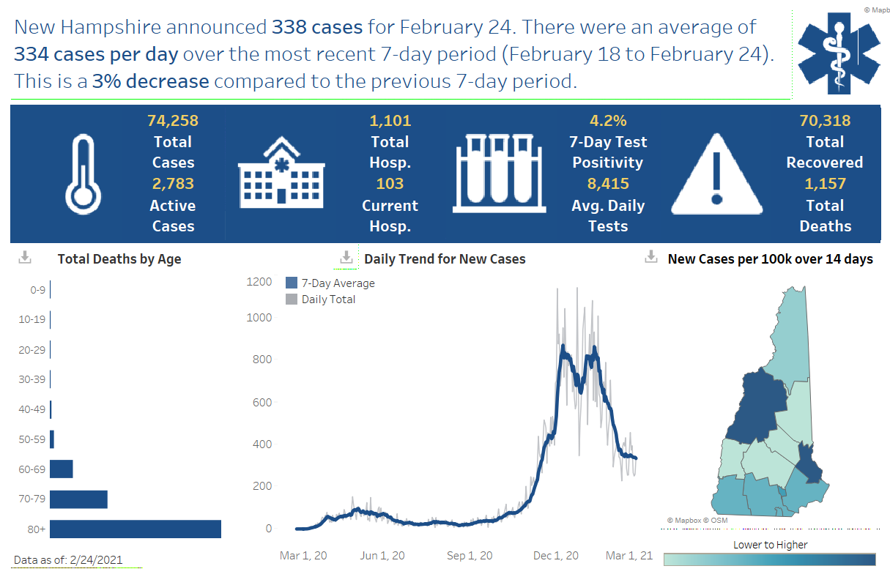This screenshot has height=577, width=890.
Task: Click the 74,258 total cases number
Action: click(173, 121)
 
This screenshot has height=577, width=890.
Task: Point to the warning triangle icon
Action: click(717, 174)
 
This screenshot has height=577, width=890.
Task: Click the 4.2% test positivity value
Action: click(607, 121)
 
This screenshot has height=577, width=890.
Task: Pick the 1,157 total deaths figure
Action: click(825, 184)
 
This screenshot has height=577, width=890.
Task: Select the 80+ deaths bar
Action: click(136, 529)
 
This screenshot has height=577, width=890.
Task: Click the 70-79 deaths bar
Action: click(78, 499)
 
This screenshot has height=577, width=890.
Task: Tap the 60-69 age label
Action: click(31, 469)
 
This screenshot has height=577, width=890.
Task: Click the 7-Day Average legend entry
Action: click(330, 283)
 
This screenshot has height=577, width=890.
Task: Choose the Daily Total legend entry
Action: click(320, 299)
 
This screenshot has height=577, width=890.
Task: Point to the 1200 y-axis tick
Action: click(259, 282)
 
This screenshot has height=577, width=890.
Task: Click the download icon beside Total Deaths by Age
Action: click(25, 258)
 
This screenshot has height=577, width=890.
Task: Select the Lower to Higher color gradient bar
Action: click(769, 559)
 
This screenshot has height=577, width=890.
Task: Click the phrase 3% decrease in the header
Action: click(151, 81)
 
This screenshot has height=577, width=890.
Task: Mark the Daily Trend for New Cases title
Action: click(445, 258)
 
